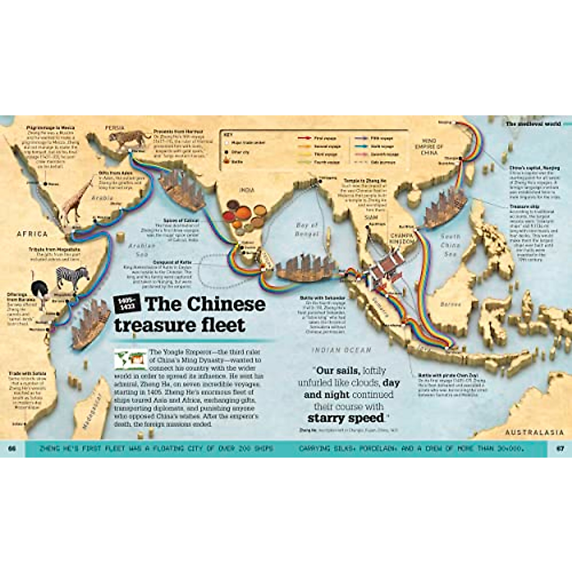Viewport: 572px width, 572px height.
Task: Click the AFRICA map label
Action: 32,234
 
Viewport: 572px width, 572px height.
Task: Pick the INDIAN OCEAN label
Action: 341,350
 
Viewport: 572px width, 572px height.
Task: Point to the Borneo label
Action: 451,304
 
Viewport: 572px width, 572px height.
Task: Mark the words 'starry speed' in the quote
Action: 346,419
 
